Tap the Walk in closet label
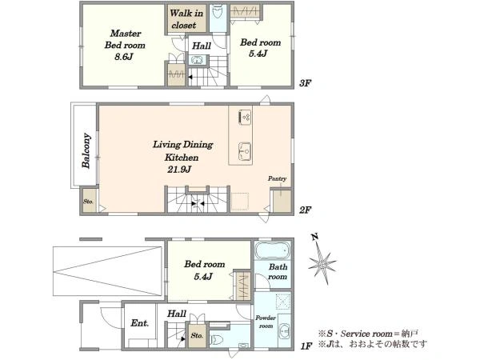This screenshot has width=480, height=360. pyautogui.click(x=186, y=19)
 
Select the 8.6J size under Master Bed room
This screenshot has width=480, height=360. pyautogui.click(x=124, y=57)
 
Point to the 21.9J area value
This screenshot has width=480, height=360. pyautogui.click(x=179, y=170)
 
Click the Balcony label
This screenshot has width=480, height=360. pyautogui.click(x=86, y=150)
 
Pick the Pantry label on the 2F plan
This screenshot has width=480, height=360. pyautogui.click(x=278, y=178)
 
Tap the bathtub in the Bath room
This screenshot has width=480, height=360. pyautogui.click(x=272, y=250)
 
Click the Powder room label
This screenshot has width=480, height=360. pyautogui.click(x=266, y=322)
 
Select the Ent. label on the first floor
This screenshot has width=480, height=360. pyautogui.click(x=140, y=323)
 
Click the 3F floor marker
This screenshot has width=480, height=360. pyautogui.click(x=306, y=83)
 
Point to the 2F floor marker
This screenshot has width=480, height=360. pyautogui.click(x=306, y=210)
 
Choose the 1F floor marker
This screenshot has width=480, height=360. pyautogui.click(x=306, y=346)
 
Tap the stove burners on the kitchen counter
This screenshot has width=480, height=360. pyautogui.click(x=245, y=117)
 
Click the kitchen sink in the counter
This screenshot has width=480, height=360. pyautogui.click(x=245, y=151)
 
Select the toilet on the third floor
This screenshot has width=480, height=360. pyautogui.click(x=218, y=12)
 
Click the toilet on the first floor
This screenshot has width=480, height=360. pyautogui.click(x=217, y=339)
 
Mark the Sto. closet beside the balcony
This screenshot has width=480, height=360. pyautogui.click(x=90, y=201)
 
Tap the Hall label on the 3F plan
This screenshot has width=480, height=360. pyautogui.click(x=202, y=46)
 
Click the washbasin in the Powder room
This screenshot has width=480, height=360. pyautogui.click(x=284, y=332)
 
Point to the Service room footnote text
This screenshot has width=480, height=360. pyautogui.click(x=368, y=334)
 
